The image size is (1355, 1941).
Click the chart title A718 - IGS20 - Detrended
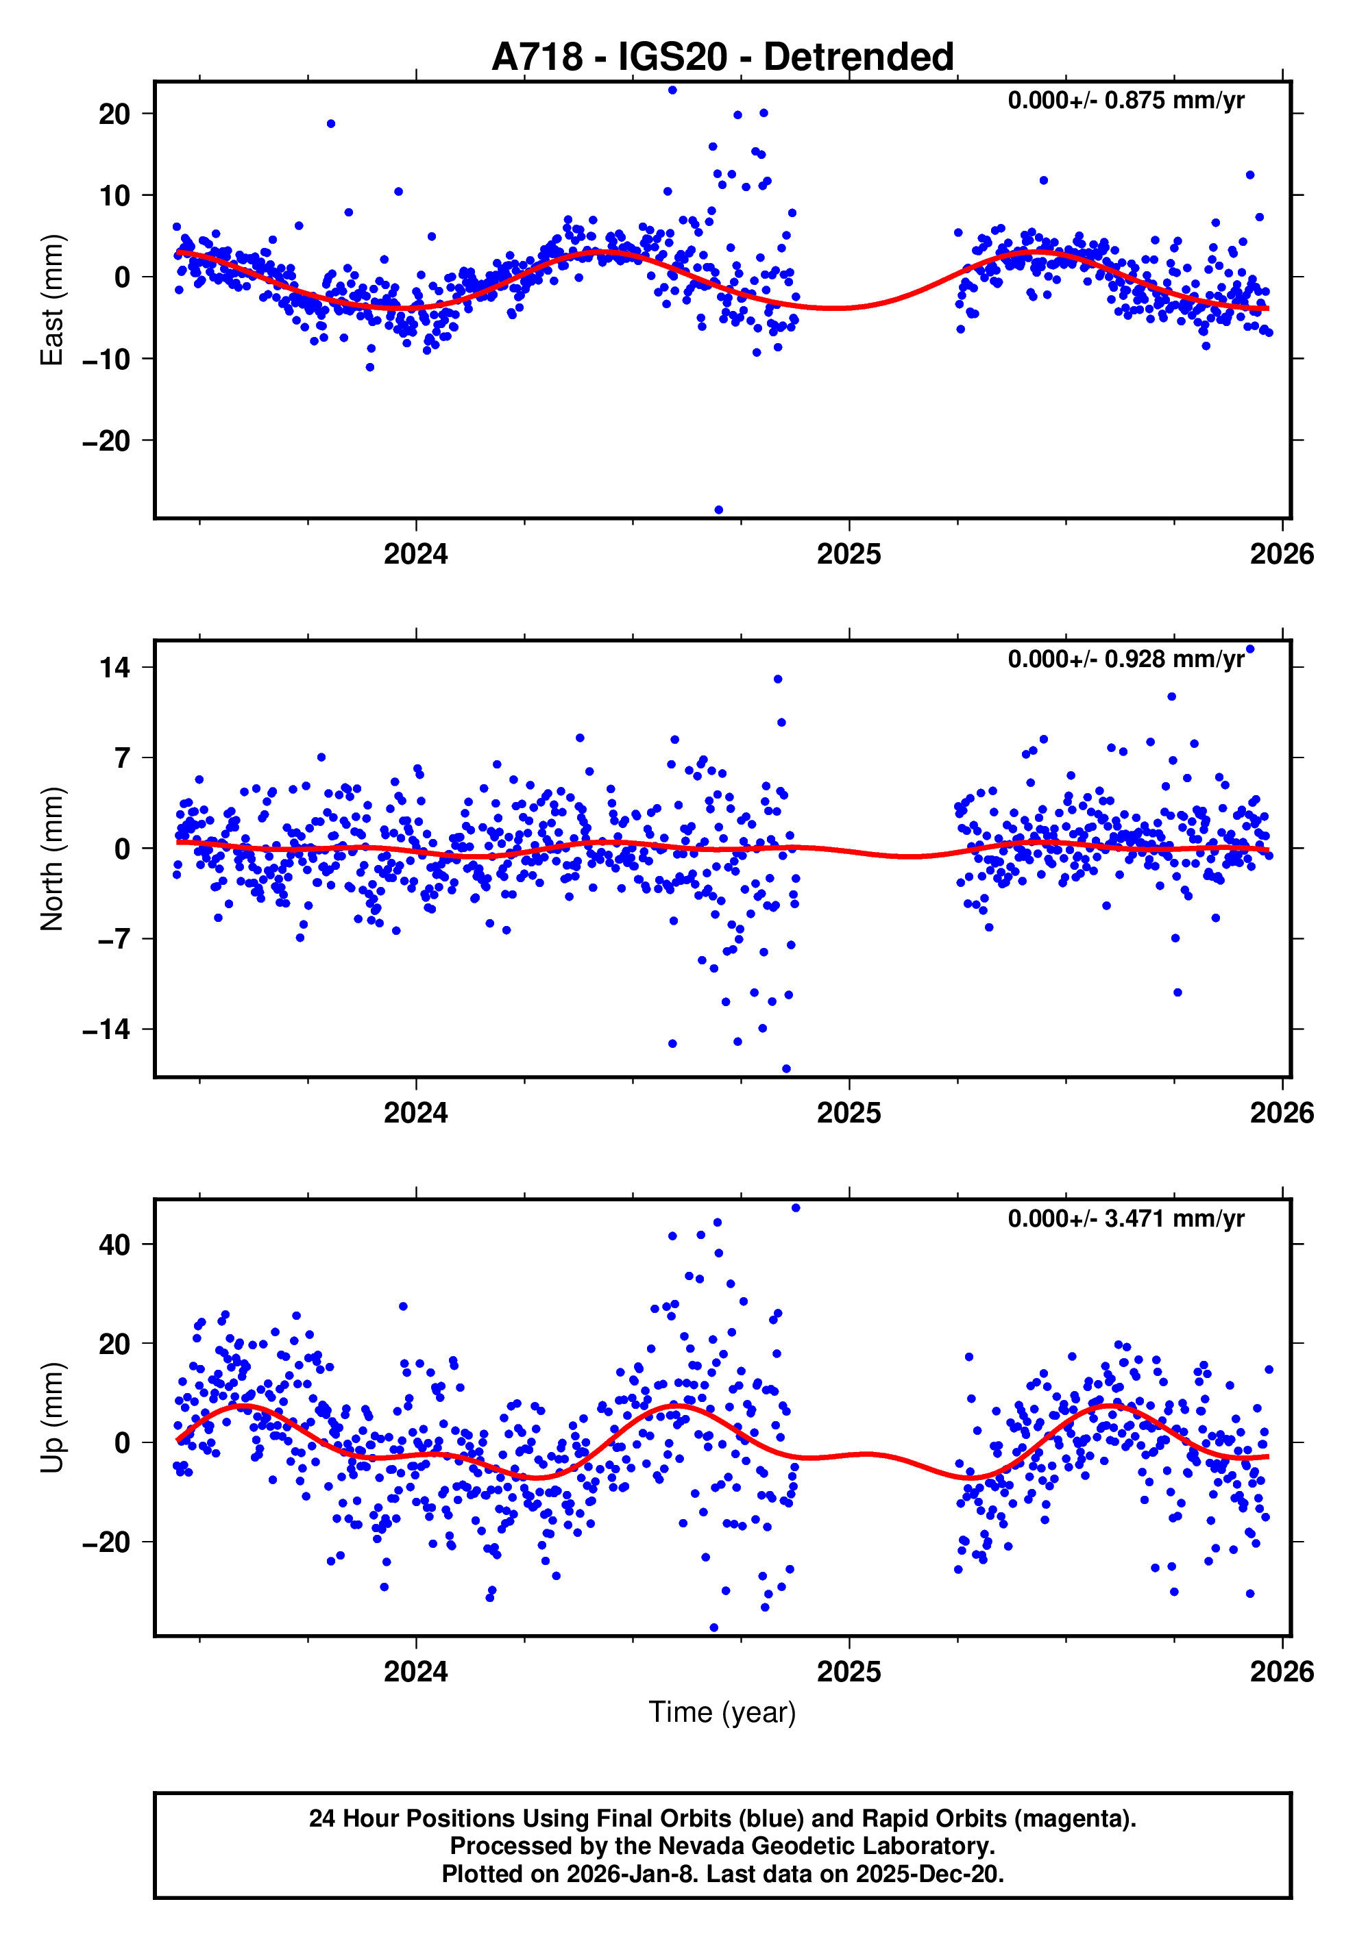(x=722, y=58)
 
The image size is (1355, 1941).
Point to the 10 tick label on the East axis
(x=114, y=195)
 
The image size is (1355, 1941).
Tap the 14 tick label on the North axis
(x=114, y=668)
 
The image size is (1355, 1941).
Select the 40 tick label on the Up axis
(x=114, y=1244)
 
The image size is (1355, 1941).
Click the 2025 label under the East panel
(x=849, y=555)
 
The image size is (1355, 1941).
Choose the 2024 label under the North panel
(x=415, y=1114)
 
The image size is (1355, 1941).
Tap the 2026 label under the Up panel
(x=1282, y=1672)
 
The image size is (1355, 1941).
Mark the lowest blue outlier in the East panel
(x=719, y=510)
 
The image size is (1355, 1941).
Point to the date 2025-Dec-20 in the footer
(x=929, y=1874)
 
